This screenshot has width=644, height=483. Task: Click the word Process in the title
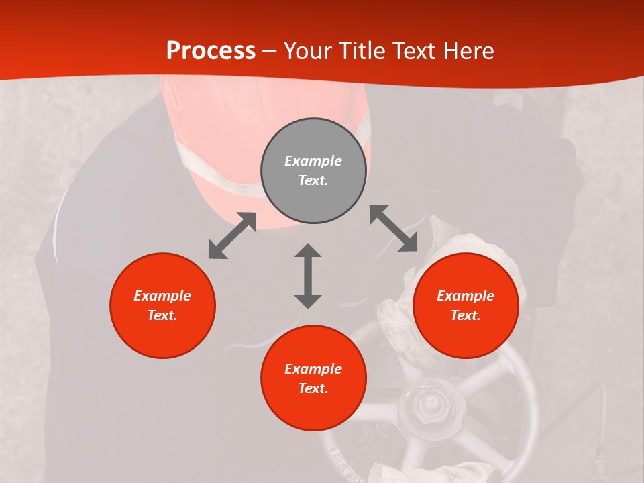[x=211, y=51]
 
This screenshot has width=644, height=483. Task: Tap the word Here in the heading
[x=467, y=51]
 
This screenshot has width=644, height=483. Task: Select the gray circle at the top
[x=313, y=170]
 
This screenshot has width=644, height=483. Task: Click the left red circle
[x=162, y=305]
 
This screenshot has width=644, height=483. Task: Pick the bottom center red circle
[x=313, y=378]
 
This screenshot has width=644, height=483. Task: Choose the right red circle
[x=466, y=305]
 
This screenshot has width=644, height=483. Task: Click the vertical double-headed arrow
[x=308, y=276]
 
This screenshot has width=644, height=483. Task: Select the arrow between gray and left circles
[x=232, y=235]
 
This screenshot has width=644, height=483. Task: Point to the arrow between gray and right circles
[x=394, y=228]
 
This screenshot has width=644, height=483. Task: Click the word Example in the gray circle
[x=313, y=161]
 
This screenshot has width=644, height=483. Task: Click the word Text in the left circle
[x=162, y=315]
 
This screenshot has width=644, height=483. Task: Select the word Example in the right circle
[x=466, y=296]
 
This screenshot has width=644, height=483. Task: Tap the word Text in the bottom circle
[x=313, y=388]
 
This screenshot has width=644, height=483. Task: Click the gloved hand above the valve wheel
[x=402, y=315]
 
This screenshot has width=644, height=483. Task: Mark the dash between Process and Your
[x=270, y=52]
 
